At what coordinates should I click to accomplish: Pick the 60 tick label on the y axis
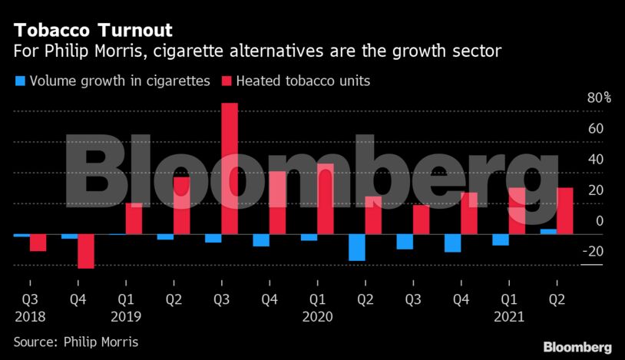pos(596,129)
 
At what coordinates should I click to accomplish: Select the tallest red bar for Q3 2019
pos(229,169)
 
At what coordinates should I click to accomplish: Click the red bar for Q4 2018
pos(85,251)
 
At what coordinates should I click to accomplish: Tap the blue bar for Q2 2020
pos(356,247)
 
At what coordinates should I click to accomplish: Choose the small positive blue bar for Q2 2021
pos(548,231)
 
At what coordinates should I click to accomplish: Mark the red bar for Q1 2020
pos(325,199)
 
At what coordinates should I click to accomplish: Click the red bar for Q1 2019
pos(134,219)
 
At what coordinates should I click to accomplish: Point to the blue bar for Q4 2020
pos(452,243)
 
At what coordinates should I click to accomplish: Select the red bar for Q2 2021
pos(565,211)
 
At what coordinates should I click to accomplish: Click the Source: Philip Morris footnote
pos(76,341)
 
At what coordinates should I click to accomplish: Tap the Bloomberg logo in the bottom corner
pos(577,346)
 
